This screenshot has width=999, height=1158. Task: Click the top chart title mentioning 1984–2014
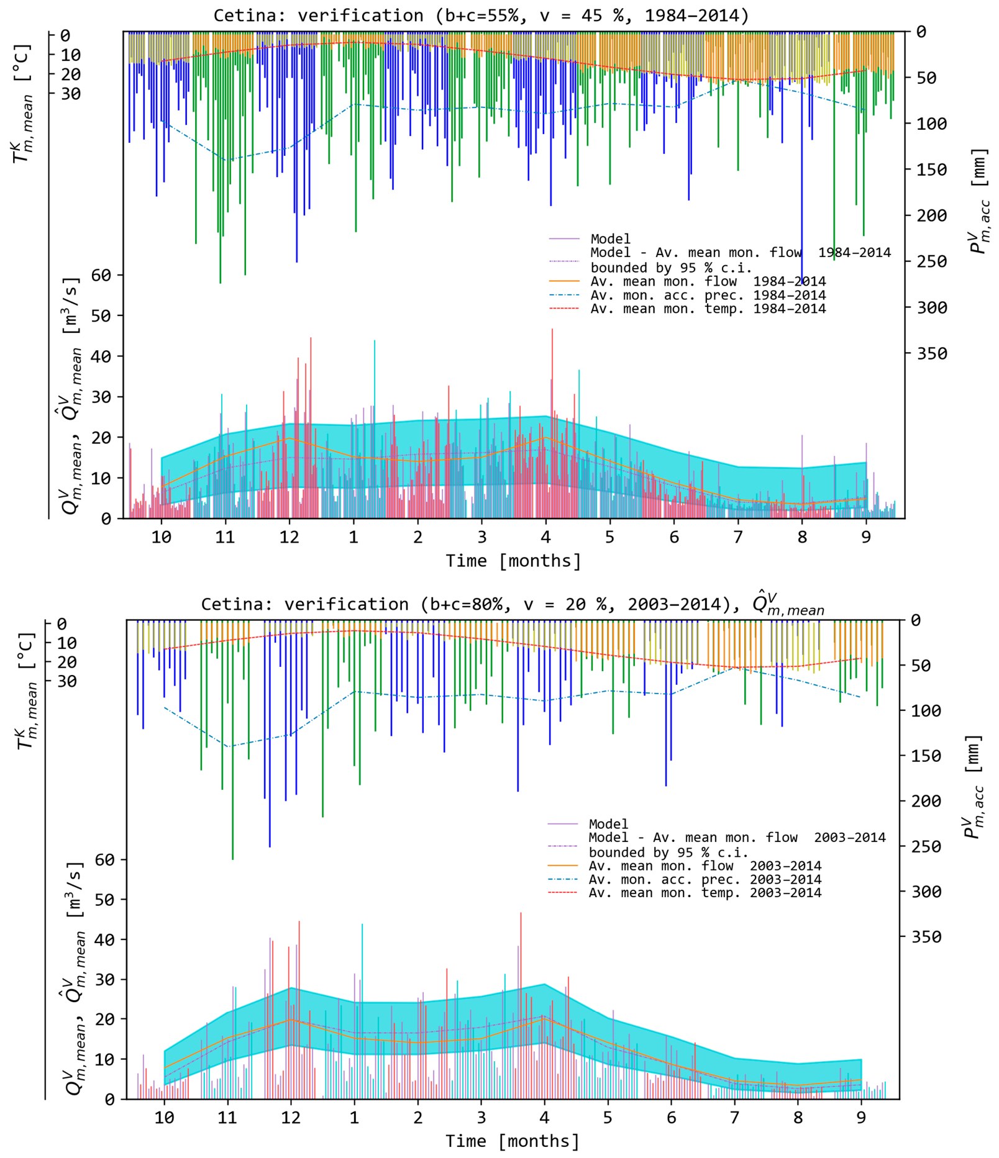pyautogui.click(x=481, y=15)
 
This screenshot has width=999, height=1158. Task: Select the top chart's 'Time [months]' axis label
pyautogui.click(x=513, y=561)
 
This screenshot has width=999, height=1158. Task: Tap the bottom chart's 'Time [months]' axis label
pyautogui.click(x=513, y=1141)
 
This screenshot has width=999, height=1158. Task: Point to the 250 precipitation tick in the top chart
pyautogui.click(x=932, y=261)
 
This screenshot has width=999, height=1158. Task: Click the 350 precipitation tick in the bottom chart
pyautogui.click(x=926, y=936)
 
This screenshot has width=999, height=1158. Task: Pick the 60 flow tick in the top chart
pyautogui.click(x=101, y=275)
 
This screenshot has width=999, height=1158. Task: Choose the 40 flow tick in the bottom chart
pyautogui.click(x=105, y=939)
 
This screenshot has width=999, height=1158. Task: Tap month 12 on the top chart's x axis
pyautogui.click(x=289, y=536)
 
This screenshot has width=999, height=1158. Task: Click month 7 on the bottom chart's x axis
pyautogui.click(x=734, y=1118)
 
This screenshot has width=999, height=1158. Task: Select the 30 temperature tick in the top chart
pyautogui.click(x=70, y=94)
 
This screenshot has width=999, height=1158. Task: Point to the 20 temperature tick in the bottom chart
pyautogui.click(x=66, y=663)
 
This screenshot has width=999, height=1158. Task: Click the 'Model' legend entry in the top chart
pyautogui.click(x=610, y=239)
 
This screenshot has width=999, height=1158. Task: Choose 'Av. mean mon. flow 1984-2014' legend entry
pyautogui.click(x=708, y=281)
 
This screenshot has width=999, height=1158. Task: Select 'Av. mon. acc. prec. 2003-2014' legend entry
pyautogui.click(x=705, y=879)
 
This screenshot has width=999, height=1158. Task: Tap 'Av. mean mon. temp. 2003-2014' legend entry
pyautogui.click(x=705, y=893)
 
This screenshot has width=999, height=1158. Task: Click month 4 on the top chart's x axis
pyautogui.click(x=545, y=536)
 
